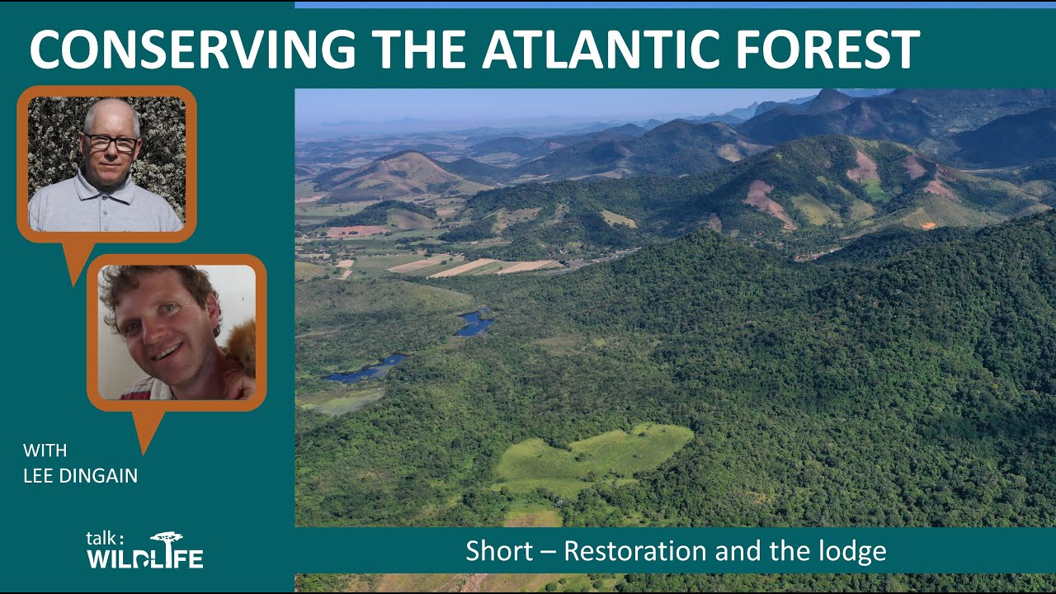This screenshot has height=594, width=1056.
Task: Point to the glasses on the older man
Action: coord(111,143)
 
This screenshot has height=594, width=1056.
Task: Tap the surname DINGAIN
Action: coord(100,476)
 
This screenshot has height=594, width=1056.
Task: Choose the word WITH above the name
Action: coord(45,450)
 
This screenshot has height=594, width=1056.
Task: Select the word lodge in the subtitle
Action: coord(854,551)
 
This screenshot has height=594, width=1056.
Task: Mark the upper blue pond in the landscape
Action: coord(474,323)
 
